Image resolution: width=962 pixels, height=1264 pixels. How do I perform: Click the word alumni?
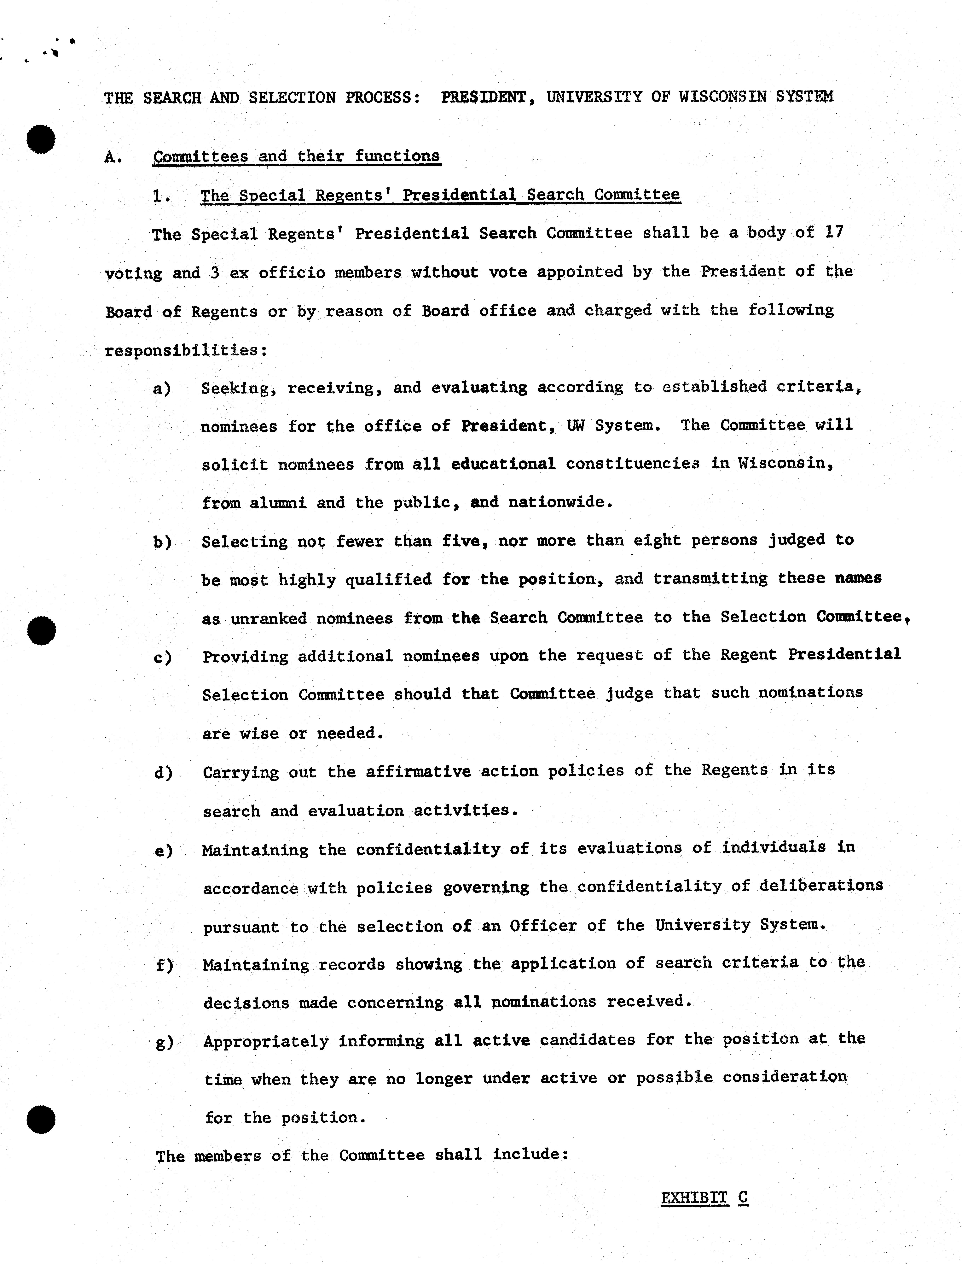278,503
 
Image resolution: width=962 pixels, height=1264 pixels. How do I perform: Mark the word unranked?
269,618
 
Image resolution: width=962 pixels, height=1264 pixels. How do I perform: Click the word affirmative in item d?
418,771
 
